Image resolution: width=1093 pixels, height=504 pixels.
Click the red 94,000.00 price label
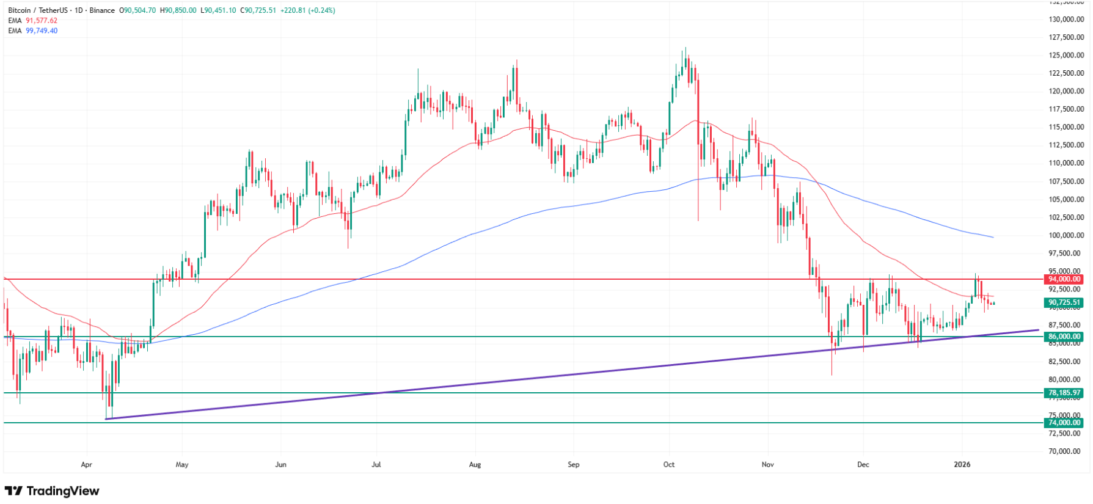point(1064,279)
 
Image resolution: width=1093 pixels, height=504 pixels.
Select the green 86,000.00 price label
point(1064,337)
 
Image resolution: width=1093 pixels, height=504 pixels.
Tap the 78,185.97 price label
point(1064,393)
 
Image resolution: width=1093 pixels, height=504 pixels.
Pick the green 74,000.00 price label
point(1064,423)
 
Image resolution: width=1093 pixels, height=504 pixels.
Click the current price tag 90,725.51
point(1064,302)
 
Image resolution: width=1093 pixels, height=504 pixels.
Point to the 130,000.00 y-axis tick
point(1066,20)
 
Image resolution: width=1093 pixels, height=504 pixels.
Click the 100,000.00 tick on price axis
point(1066,235)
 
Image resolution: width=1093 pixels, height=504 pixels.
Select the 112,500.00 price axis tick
point(1066,145)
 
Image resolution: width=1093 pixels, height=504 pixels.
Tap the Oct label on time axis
point(669,465)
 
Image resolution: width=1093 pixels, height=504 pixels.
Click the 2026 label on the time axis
point(962,465)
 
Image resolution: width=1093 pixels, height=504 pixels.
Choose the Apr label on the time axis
point(86,465)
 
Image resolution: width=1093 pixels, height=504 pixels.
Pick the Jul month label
point(376,465)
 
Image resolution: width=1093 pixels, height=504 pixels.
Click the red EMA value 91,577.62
point(42,21)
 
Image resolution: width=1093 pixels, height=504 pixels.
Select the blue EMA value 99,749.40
point(42,31)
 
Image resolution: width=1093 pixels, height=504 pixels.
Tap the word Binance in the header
point(102,10)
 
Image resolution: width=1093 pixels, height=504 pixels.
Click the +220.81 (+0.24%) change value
point(307,10)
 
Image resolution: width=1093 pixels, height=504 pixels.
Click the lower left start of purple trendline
point(107,418)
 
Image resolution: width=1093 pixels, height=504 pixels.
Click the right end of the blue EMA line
point(993,237)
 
